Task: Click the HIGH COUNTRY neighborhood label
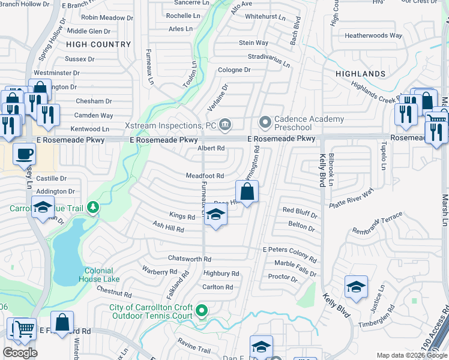pos(98,44)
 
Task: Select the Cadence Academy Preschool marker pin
pos(265,122)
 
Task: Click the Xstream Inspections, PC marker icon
pos(225,125)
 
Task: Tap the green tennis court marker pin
pos(202,311)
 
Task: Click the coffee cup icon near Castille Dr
pos(24,154)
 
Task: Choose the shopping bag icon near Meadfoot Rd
pos(247,193)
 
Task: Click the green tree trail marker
pos(92,208)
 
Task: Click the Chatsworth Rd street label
pos(190,259)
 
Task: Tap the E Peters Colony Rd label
pos(289,250)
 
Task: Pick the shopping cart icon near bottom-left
pos(24,328)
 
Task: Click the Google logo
pos(20,353)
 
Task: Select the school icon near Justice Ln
pos(356,287)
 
